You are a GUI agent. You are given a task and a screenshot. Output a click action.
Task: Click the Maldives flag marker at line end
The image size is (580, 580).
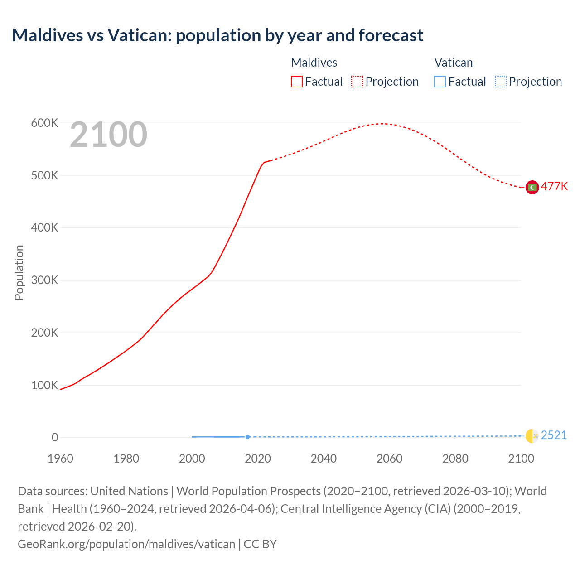(x=532, y=187)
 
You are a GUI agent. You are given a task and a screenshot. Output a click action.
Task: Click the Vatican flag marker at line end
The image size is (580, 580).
(x=532, y=436)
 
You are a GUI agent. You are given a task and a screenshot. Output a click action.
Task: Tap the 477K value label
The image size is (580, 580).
(x=554, y=187)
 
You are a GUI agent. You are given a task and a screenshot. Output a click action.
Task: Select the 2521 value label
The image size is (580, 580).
(x=554, y=435)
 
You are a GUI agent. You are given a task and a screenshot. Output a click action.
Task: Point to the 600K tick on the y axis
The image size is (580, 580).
(x=44, y=123)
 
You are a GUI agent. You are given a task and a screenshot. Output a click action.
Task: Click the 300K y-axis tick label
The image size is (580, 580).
(x=44, y=280)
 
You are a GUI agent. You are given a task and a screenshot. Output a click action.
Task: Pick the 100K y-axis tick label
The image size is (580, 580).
(x=44, y=386)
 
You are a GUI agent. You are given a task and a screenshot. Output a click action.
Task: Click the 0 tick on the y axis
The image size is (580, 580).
(x=55, y=438)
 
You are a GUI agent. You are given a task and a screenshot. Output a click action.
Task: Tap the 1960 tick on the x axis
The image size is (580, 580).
(x=60, y=459)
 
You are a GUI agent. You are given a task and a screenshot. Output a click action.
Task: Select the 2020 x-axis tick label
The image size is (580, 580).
(x=258, y=459)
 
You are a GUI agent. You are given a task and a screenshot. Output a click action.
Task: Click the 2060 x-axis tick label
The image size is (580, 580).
(x=389, y=459)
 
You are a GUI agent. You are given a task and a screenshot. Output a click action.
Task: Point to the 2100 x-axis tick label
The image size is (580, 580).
(x=521, y=459)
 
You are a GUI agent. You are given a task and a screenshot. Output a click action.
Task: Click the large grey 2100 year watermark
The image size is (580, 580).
(x=108, y=135)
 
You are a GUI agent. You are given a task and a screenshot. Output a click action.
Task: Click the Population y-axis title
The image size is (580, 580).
(x=19, y=272)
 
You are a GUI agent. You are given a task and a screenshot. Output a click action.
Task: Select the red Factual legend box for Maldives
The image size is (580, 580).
(x=296, y=82)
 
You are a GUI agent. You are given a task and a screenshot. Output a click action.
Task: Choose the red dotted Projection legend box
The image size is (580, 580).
(x=357, y=82)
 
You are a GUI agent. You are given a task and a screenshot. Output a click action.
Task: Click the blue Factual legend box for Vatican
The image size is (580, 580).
(x=440, y=82)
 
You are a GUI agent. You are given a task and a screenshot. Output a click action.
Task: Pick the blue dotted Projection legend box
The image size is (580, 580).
(x=500, y=82)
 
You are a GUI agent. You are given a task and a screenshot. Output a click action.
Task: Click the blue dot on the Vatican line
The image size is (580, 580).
(x=247, y=437)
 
